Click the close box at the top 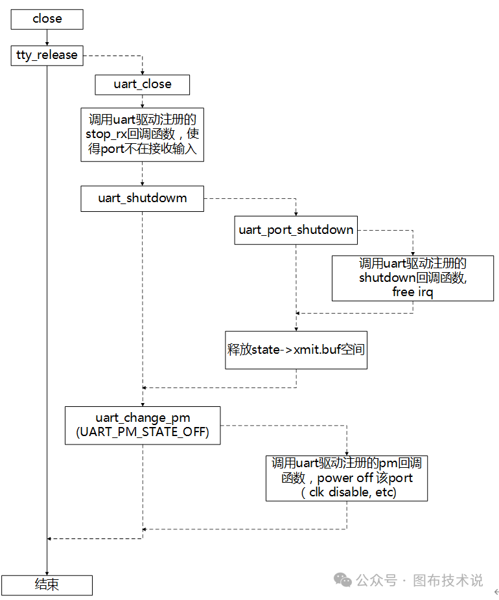tap(47, 19)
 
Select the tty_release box tap(47, 55)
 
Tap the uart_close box tap(143, 84)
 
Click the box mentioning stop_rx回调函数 tap(142, 134)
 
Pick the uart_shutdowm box tap(143, 198)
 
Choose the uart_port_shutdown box tap(296, 230)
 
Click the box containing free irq tap(413, 278)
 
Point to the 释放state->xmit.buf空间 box tap(296, 350)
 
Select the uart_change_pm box tap(143, 425)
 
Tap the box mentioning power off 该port tap(347, 478)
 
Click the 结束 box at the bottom tap(47, 584)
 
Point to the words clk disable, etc tap(348, 492)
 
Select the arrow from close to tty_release tap(47, 38)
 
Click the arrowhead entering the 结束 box tap(47, 571)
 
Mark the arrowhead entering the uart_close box tap(143, 72)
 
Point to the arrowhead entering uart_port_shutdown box tap(296, 214)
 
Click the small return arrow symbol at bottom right tap(496, 592)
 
